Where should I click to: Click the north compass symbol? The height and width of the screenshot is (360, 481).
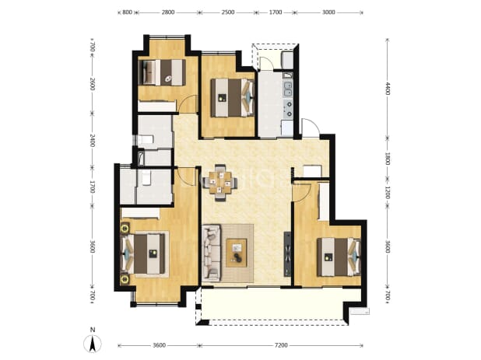coord(93,343)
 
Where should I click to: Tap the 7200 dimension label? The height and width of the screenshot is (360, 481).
coord(281,345)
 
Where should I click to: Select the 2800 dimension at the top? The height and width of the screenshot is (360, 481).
coord(168,12)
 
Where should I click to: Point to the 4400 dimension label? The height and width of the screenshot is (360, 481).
coord(388,88)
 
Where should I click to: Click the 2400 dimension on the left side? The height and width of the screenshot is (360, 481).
coord(93,140)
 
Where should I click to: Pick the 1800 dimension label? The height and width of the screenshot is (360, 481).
coord(388,159)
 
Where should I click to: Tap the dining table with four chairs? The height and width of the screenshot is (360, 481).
coord(220,183)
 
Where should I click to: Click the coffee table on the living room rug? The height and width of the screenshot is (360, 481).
coord(236,253)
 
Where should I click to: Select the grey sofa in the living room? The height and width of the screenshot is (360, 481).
coord(211,253)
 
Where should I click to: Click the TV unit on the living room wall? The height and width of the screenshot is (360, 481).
coord(287,254)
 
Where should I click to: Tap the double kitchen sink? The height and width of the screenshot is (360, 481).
coord(288,89)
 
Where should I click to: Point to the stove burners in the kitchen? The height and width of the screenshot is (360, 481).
coord(288,110)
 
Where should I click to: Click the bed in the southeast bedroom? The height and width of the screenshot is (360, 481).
coord(339,257)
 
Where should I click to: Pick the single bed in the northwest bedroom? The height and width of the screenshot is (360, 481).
coord(162,72)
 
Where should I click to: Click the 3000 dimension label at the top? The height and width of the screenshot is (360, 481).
coord(328,12)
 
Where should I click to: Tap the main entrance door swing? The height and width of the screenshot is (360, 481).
coord(311,128)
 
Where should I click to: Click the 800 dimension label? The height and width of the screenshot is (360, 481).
coord(127,12)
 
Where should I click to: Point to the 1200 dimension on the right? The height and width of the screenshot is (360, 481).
coord(388,192)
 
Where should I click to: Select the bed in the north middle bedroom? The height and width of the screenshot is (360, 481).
coord(233,98)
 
